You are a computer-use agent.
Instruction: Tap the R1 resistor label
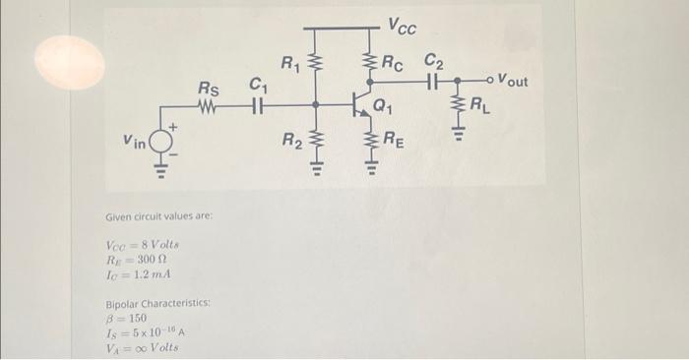pos(290,67)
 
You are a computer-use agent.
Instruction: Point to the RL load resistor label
pos(479,103)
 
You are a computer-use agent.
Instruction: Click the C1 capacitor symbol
pos(259,104)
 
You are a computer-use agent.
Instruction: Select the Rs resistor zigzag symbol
pos(209,104)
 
